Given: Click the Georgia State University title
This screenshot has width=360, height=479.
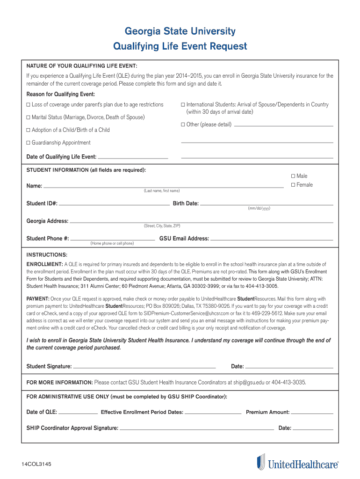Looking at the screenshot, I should [x=180, y=31].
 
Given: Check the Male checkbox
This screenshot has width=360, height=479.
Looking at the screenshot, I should [x=293, y=176].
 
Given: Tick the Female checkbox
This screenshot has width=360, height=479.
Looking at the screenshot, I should [x=293, y=185].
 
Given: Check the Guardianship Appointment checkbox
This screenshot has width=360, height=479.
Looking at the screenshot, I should [x=29, y=143].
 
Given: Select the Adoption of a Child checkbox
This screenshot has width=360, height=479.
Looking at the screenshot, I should [x=29, y=130].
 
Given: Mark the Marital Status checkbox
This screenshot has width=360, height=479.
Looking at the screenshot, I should [x=29, y=117].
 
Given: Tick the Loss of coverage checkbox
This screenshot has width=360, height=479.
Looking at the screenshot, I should [x=29, y=105].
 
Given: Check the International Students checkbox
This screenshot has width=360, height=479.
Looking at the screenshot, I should [x=183, y=105].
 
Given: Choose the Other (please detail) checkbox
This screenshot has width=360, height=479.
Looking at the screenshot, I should [x=183, y=125].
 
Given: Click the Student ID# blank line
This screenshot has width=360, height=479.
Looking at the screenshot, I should [x=114, y=204].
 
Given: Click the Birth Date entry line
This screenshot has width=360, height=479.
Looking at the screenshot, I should [x=266, y=204].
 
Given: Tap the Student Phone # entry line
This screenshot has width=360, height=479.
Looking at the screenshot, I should [x=112, y=239].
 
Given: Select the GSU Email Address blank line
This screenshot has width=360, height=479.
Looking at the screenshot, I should [x=272, y=239].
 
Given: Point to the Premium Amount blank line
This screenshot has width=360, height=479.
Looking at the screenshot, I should [x=312, y=413].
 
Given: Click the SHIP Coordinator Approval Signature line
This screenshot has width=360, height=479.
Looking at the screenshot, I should [x=197, y=428].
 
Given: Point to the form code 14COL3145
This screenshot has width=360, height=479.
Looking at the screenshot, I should [x=36, y=464].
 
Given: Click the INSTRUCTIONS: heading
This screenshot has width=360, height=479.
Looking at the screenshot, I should [x=47, y=255].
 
